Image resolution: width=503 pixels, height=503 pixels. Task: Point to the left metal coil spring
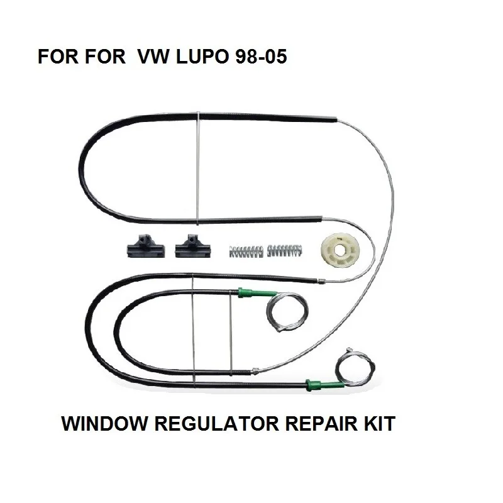[x=243, y=251]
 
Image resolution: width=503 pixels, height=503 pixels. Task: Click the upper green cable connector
[x=246, y=291]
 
